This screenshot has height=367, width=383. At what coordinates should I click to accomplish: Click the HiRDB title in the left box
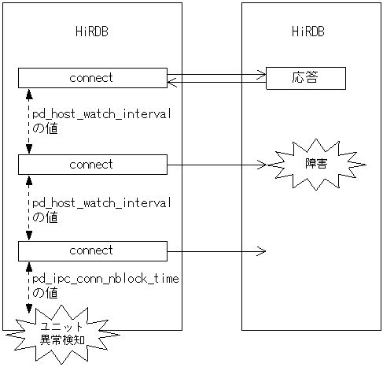(91, 32)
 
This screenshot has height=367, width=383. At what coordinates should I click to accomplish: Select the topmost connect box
(92, 78)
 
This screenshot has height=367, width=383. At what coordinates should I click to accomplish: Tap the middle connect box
(92, 165)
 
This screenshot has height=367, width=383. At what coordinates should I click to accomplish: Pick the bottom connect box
(92, 250)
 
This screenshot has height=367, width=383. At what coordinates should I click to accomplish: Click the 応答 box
(306, 78)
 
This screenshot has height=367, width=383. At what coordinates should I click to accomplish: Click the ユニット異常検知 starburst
(62, 333)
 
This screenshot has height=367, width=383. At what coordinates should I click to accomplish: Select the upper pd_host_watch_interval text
(101, 115)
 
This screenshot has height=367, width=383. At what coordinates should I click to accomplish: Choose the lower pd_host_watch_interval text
(101, 202)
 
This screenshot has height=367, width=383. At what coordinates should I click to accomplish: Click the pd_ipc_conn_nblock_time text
(105, 279)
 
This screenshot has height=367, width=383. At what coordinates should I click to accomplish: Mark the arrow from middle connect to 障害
(216, 165)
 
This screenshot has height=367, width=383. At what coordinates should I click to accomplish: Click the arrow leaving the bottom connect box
(216, 251)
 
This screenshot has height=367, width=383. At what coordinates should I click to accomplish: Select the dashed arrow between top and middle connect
(29, 121)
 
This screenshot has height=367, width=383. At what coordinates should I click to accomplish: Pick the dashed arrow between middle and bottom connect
(29, 208)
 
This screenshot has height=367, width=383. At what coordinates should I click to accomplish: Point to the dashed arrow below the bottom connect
(29, 288)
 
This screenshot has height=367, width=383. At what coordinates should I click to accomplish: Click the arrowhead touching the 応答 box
(262, 76)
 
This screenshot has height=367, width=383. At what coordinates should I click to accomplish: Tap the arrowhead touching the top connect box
(172, 80)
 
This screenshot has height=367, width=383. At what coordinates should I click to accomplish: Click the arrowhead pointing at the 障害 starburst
(263, 165)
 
